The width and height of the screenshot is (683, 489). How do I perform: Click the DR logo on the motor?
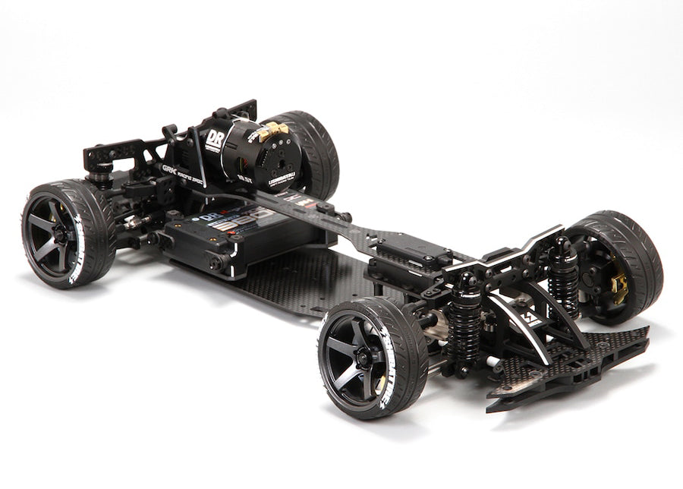click(215, 140)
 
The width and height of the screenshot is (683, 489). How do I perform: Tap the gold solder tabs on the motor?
click(272, 132)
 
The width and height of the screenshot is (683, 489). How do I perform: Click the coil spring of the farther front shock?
click(562, 281)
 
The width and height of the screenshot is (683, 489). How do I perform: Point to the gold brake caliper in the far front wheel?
click(619, 289)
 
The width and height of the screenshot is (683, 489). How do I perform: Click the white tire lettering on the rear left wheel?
click(76, 251)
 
